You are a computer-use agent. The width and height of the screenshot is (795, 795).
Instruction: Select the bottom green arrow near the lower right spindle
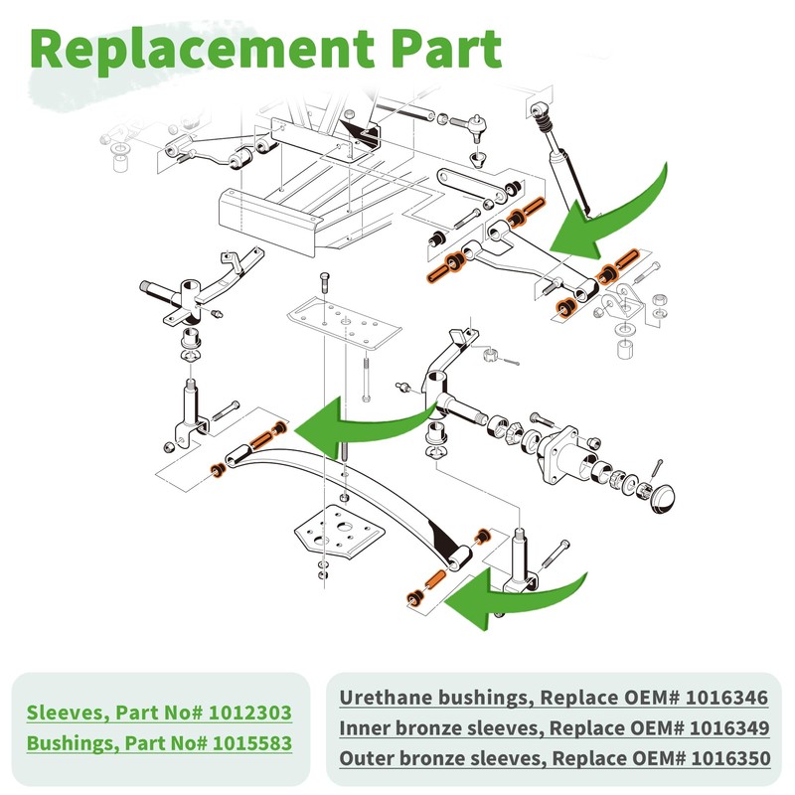point(517,596)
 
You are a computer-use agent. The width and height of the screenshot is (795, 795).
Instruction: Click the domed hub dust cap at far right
point(663,496)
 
